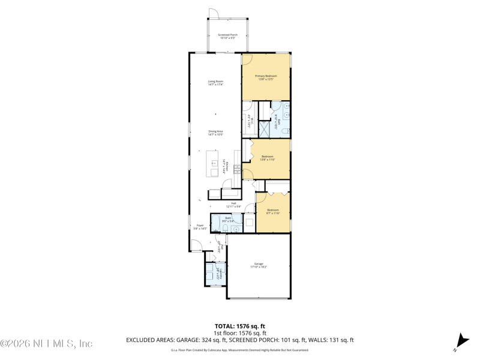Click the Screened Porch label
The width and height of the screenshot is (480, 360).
click(x=227, y=37)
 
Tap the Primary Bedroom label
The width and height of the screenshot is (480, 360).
click(x=266, y=77)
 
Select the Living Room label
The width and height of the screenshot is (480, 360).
click(x=215, y=83)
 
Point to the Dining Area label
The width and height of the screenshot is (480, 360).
click(x=215, y=133)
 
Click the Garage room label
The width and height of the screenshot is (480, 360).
click(x=259, y=265)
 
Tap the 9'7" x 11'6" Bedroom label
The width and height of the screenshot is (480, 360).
click(x=273, y=211)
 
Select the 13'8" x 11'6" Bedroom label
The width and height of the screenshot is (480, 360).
click(x=267, y=158)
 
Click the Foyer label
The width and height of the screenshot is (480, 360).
click(x=200, y=227)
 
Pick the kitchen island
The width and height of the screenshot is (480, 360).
click(x=214, y=164)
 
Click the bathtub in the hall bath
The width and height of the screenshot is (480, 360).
click(x=216, y=221)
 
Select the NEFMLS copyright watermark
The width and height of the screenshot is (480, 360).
click(x=47, y=344)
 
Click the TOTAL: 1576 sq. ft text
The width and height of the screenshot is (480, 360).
click(x=240, y=326)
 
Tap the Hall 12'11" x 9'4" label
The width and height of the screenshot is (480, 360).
click(x=233, y=205)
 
